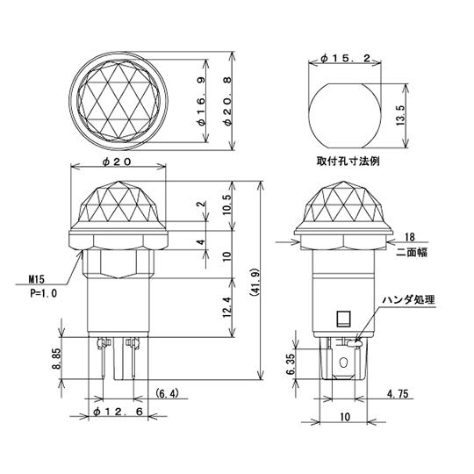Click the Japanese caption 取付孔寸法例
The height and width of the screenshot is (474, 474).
click(349, 162)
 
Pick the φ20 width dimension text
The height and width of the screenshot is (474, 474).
click(118, 162)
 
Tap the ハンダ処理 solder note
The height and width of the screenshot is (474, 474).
click(408, 299)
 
